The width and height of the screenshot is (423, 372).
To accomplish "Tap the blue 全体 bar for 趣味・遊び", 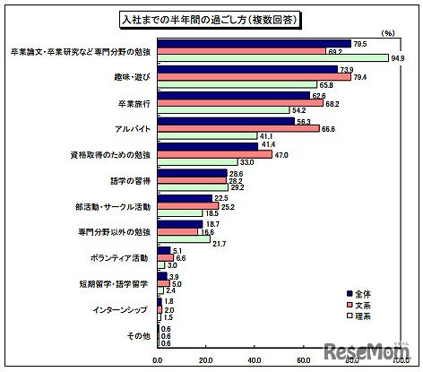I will [246, 69].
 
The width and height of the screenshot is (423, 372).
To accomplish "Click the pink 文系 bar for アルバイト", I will [237, 128].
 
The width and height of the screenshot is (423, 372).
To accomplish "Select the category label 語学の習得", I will [130, 180].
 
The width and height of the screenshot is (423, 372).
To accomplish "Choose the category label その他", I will [141, 336].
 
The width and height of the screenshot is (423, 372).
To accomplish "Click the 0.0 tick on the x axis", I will [158, 360].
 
